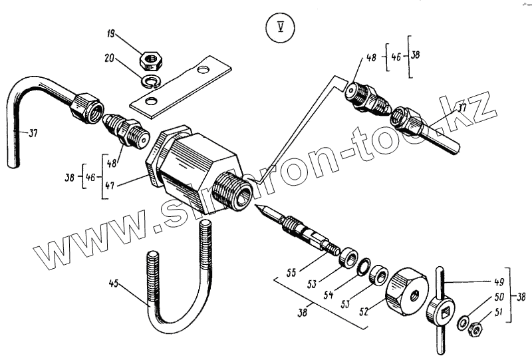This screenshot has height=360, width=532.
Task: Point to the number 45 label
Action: (x=115, y=284)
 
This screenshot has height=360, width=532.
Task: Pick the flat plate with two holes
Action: (x=181, y=84)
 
